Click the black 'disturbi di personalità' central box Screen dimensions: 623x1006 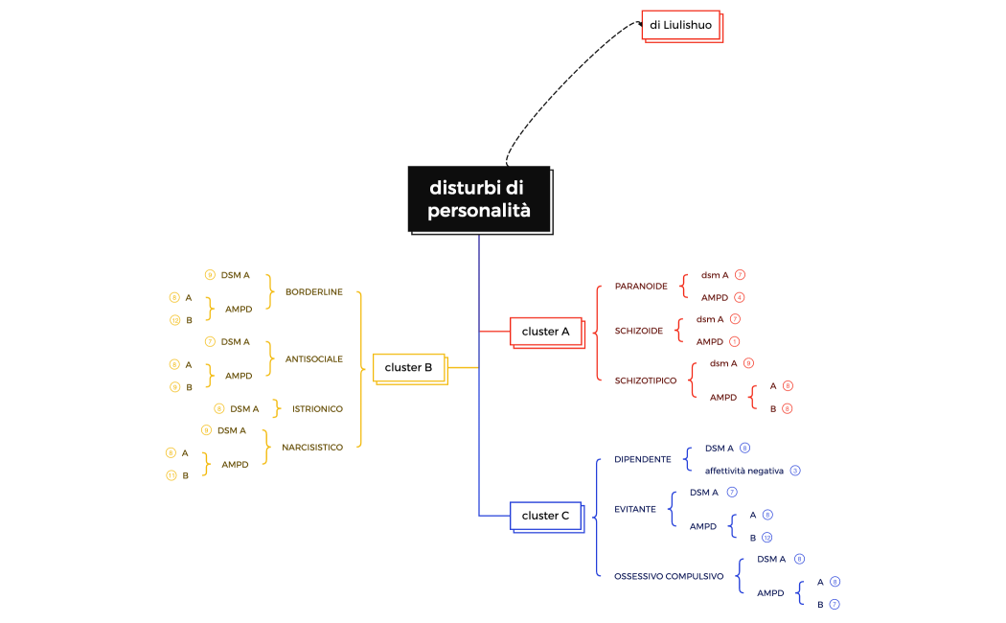[x=479, y=199]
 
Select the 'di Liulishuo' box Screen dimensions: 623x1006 [x=680, y=25]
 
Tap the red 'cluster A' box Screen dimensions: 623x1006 [x=545, y=332]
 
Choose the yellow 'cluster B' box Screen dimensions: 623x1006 [x=408, y=367]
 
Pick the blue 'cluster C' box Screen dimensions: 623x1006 [x=545, y=516]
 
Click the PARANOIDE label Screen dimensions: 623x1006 [x=641, y=286]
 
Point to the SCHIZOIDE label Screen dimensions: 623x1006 [x=639, y=331]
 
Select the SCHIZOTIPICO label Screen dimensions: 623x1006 [x=646, y=381]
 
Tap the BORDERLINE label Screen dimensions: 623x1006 [x=313, y=292]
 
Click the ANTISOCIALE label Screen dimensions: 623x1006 [x=313, y=359]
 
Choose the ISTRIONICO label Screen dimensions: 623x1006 [x=317, y=409]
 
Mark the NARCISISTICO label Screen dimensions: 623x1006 [x=312, y=448]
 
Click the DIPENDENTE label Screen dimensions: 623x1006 [x=643, y=459]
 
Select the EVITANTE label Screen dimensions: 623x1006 [x=635, y=509]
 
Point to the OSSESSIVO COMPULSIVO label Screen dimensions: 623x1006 [x=669, y=576]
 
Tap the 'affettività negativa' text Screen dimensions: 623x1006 [x=744, y=471]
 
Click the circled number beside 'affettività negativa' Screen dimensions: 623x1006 [x=795, y=471]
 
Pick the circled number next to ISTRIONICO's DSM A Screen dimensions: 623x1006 [x=219, y=409]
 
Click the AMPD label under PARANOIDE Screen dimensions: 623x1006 [x=715, y=297]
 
